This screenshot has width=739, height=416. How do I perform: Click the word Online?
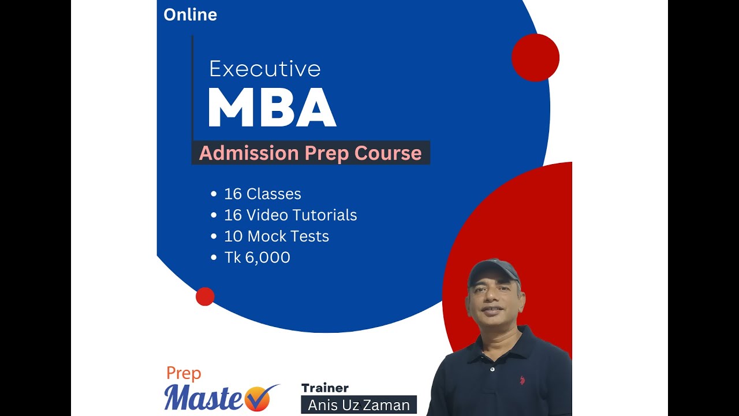[x=190, y=15]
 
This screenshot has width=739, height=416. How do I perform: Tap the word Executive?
[x=264, y=69]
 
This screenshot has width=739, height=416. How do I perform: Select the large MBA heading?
[x=272, y=108]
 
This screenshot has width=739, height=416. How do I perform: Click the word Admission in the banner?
[x=248, y=154]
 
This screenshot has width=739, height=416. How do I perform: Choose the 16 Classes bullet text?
[x=262, y=194]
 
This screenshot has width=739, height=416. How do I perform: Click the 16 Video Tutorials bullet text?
[x=290, y=216]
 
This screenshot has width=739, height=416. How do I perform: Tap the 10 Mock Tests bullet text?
[x=276, y=236]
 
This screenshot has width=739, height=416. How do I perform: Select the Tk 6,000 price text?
[x=257, y=258]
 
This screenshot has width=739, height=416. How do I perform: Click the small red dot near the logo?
[x=205, y=296]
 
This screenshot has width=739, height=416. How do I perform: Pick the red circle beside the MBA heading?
[x=535, y=58]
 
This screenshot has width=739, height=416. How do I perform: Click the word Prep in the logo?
[x=184, y=373]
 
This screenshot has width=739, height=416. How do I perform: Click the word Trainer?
[x=324, y=388]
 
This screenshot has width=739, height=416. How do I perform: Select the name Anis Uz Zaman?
[x=359, y=406]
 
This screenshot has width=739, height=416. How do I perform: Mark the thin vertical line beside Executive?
[x=192, y=87]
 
